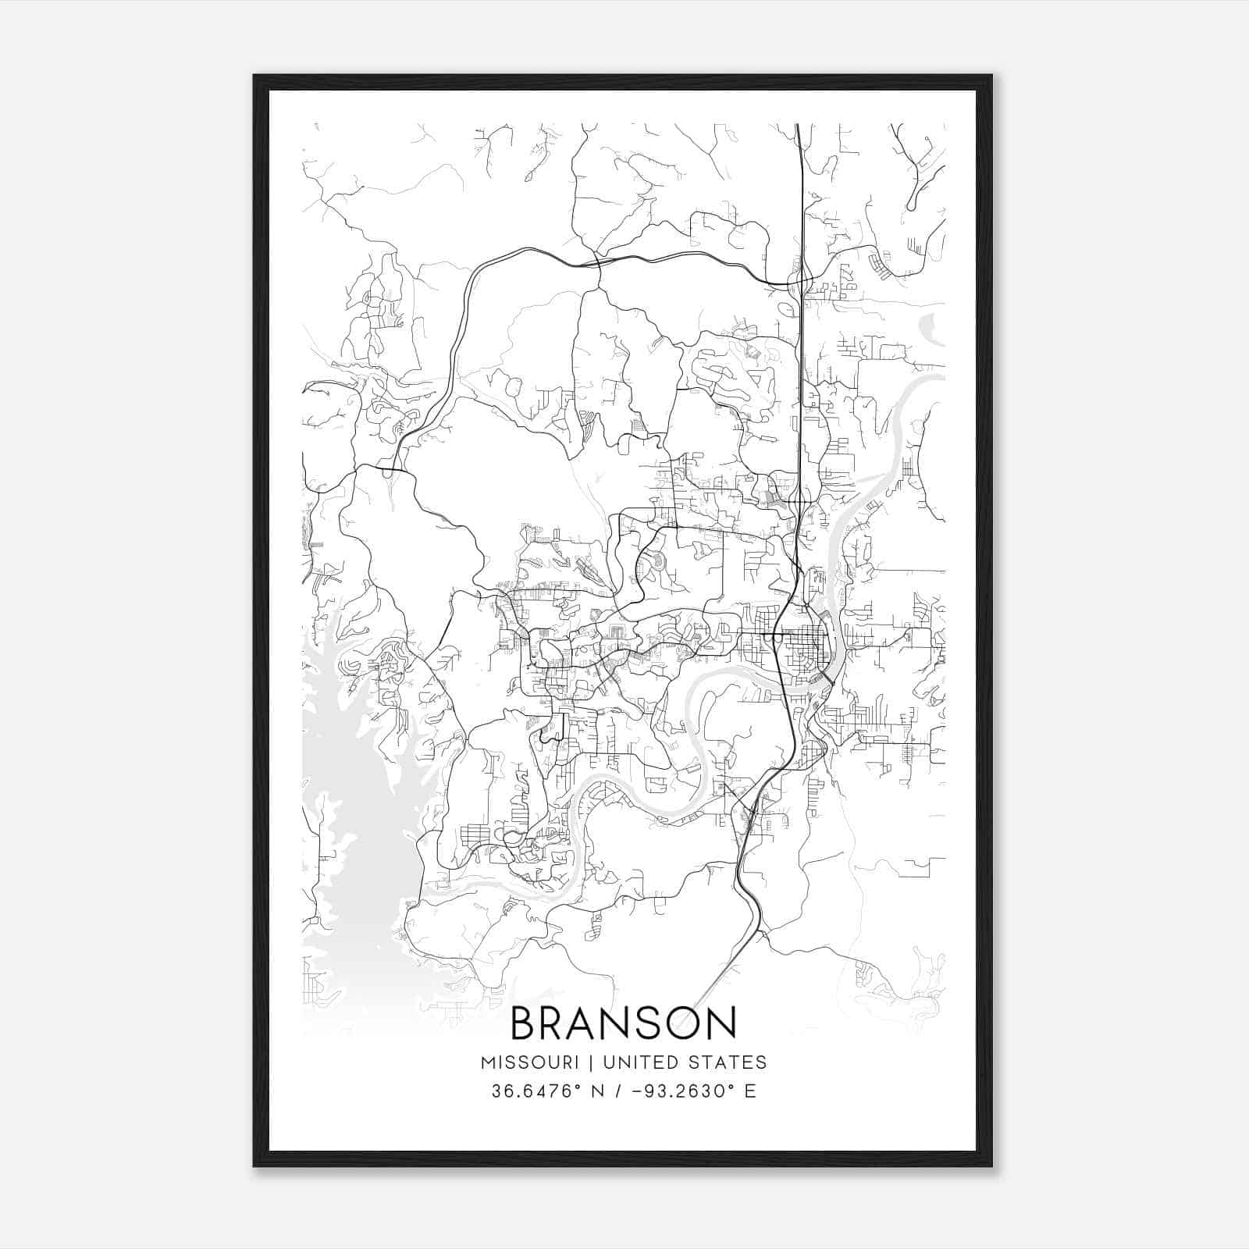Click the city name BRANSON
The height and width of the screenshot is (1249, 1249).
[x=623, y=1023]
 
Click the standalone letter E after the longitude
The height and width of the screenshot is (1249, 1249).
[x=749, y=1091]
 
